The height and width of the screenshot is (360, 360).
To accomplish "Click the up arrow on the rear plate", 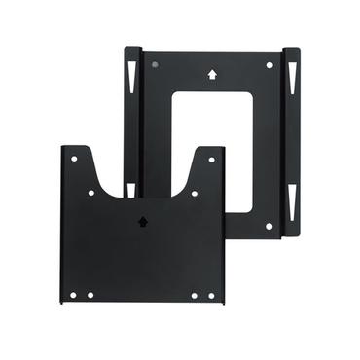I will (212, 73).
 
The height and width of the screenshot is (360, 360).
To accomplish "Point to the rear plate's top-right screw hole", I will (270, 65).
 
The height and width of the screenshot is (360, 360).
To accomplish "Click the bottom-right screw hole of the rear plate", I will (270, 226).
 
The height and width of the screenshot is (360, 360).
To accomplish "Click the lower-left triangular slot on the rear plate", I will (130, 186).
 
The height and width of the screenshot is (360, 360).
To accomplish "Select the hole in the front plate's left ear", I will (73, 158).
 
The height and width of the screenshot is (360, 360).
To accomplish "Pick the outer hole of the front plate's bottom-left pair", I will (73, 295).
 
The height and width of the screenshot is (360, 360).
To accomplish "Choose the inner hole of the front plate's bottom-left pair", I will (90, 295).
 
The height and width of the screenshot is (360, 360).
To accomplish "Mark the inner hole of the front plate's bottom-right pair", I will (194, 295).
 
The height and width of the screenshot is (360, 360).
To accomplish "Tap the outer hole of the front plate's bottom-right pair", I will (211, 295).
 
